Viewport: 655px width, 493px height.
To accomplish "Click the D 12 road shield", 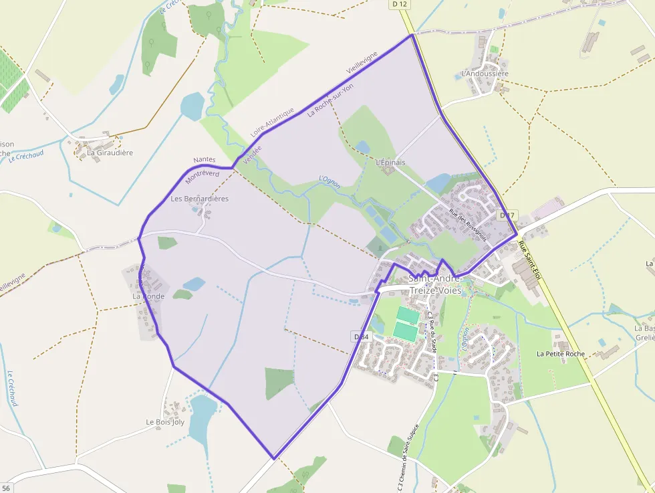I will pos(400,4).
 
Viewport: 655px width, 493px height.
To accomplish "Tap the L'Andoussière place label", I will pos(485,74).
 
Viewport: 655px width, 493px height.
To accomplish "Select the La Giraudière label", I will pos(110,153).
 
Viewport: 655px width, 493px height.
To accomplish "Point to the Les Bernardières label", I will pos(199,199).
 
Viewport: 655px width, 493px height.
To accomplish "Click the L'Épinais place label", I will pos(390,163).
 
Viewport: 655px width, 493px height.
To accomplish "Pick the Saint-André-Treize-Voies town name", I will pos(434,285).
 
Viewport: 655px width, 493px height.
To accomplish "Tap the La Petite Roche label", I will pos(561,354).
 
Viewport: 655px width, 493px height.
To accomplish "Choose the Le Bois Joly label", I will pos(165,422).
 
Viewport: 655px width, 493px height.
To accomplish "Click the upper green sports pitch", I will pos(408,314).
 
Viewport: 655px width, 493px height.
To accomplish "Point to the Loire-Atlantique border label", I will pos(272,122).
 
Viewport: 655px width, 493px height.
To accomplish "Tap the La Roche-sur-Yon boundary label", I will pos(330,100).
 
